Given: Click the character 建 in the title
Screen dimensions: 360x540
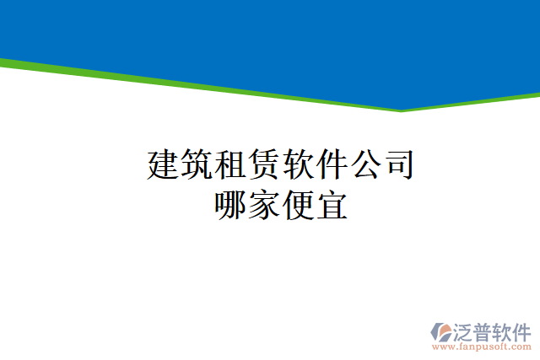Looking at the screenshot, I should [164, 164].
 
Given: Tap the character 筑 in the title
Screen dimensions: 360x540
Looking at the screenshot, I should [197, 164].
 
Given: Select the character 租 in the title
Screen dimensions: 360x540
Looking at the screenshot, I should [231, 164].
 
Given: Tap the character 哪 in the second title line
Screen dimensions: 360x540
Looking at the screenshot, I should [231, 205].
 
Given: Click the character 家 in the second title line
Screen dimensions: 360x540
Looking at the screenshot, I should [264, 205].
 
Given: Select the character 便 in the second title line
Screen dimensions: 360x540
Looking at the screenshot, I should [298, 205].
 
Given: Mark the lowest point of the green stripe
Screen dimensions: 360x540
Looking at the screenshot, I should [402, 110].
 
